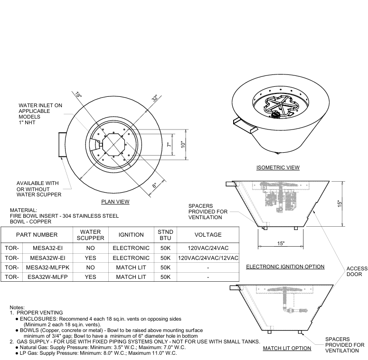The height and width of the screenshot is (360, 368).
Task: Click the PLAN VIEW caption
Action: (x=115, y=202)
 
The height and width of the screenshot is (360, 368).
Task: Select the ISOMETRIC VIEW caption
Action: (x=278, y=167)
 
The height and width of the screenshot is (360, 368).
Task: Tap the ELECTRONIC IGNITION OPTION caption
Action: (x=285, y=267)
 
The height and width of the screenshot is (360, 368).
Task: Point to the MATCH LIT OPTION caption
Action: (x=287, y=348)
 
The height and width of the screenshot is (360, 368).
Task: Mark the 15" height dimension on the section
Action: (x=340, y=203)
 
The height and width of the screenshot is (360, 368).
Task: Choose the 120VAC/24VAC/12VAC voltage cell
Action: (x=208, y=258)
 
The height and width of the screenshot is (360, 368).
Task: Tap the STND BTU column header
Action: (x=165, y=234)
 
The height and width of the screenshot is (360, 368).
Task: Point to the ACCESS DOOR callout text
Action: (x=357, y=271)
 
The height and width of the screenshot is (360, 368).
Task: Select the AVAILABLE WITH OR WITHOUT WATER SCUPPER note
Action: (x=38, y=188)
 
